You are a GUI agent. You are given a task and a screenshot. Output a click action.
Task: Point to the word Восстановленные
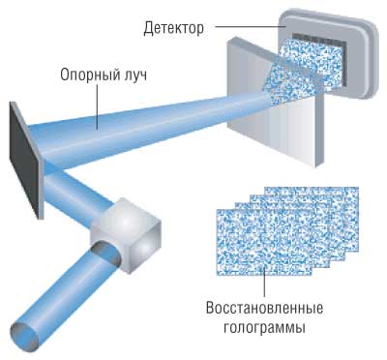264,311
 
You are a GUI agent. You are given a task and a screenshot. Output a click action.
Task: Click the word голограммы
264,329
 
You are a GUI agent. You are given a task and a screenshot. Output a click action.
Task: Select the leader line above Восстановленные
263,281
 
